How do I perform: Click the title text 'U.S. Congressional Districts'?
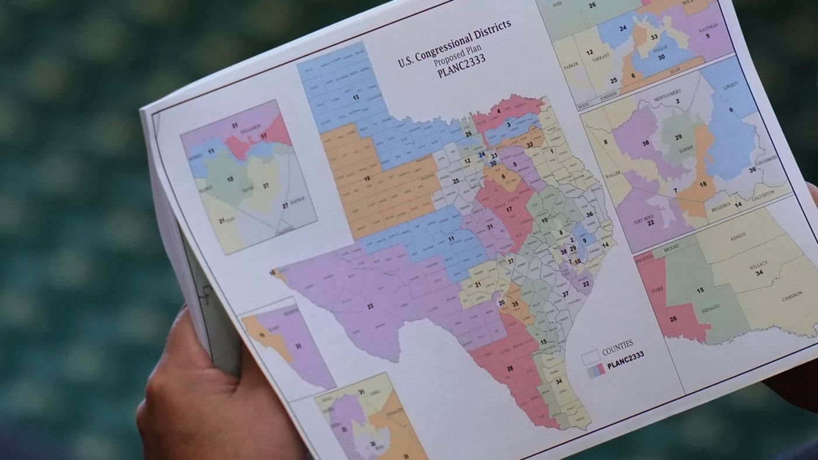(x=455, y=43)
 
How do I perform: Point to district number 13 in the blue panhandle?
(x=355, y=98)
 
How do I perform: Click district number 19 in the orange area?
(x=368, y=179)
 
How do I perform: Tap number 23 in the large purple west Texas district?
(x=370, y=306)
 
